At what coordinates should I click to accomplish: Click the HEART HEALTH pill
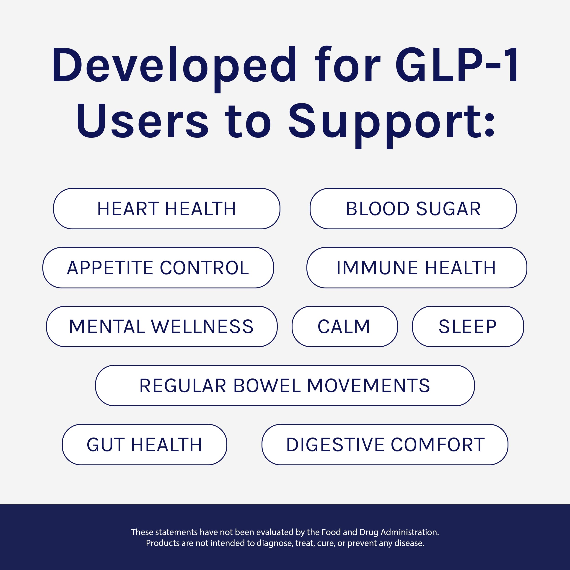(167, 209)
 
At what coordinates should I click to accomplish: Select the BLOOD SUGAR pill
(413, 209)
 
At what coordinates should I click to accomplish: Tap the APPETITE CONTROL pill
(158, 268)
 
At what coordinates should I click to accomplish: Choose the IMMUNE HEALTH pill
(417, 268)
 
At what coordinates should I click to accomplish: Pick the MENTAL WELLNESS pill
(162, 326)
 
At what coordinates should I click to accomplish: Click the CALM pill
(345, 326)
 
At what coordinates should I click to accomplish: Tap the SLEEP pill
(468, 326)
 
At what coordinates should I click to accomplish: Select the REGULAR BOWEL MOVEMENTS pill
(285, 385)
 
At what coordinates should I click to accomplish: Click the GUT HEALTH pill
(144, 444)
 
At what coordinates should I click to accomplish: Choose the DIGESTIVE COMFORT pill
(385, 444)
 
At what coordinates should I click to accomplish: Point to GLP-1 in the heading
(456, 64)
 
